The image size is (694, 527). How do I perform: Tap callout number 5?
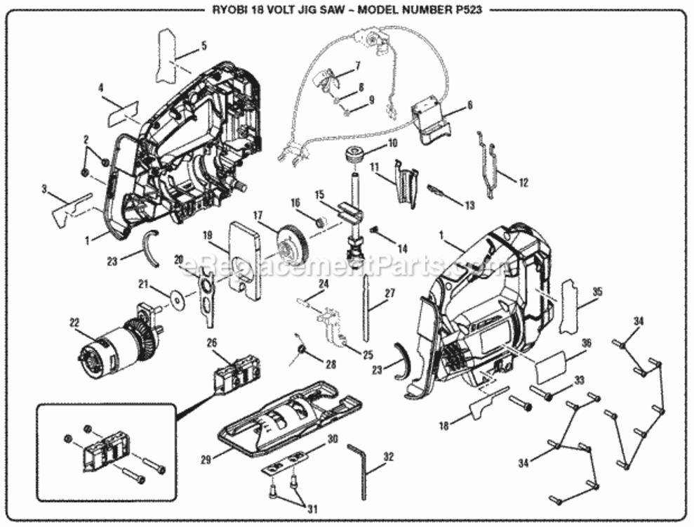tap(203, 46)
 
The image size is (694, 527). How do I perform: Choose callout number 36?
tap(586, 342)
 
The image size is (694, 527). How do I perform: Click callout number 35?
tap(597, 290)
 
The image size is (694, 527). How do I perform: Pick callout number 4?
tap(101, 88)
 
